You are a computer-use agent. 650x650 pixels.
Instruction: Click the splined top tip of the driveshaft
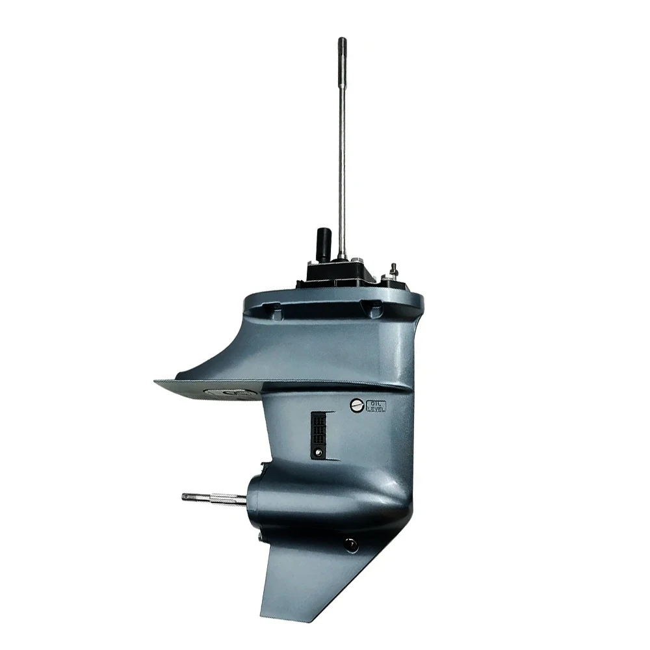click(342, 41)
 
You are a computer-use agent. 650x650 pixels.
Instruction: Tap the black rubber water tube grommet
click(323, 244)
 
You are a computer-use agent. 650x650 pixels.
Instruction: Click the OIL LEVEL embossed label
click(376, 406)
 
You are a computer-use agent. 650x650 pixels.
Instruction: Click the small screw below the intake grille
click(318, 452)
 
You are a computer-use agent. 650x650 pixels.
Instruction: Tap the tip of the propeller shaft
click(185, 496)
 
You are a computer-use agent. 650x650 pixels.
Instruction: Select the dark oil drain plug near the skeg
click(350, 544)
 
